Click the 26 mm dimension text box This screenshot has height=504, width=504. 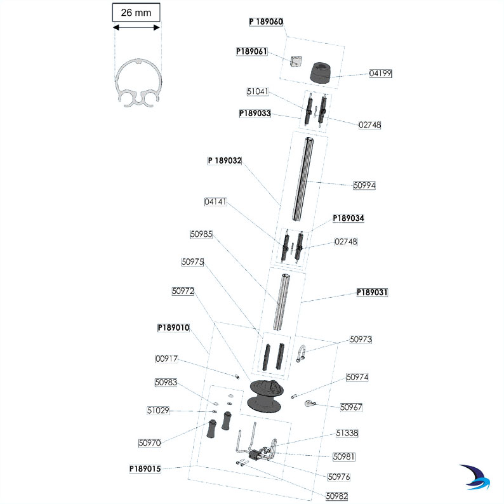pos(136,12)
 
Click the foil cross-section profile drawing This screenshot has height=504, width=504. pos(137,83)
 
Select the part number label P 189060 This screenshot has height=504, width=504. pos(265,21)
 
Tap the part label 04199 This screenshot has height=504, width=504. pos(381,74)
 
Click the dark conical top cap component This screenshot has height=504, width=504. pos(322,72)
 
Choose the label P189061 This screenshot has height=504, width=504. pos(252,51)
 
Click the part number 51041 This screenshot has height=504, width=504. pos(258,91)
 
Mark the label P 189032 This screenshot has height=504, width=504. pos(225,161)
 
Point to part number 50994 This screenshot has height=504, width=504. pos(365,185)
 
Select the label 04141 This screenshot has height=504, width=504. pos(215,202)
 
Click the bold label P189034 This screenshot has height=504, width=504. pos(348,218)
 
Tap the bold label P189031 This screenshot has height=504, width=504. pos(372,293)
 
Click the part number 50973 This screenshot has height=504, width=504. pos(361,340)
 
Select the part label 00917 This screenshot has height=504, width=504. pos(167,359)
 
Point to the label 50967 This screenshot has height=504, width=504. pos(351,407)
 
